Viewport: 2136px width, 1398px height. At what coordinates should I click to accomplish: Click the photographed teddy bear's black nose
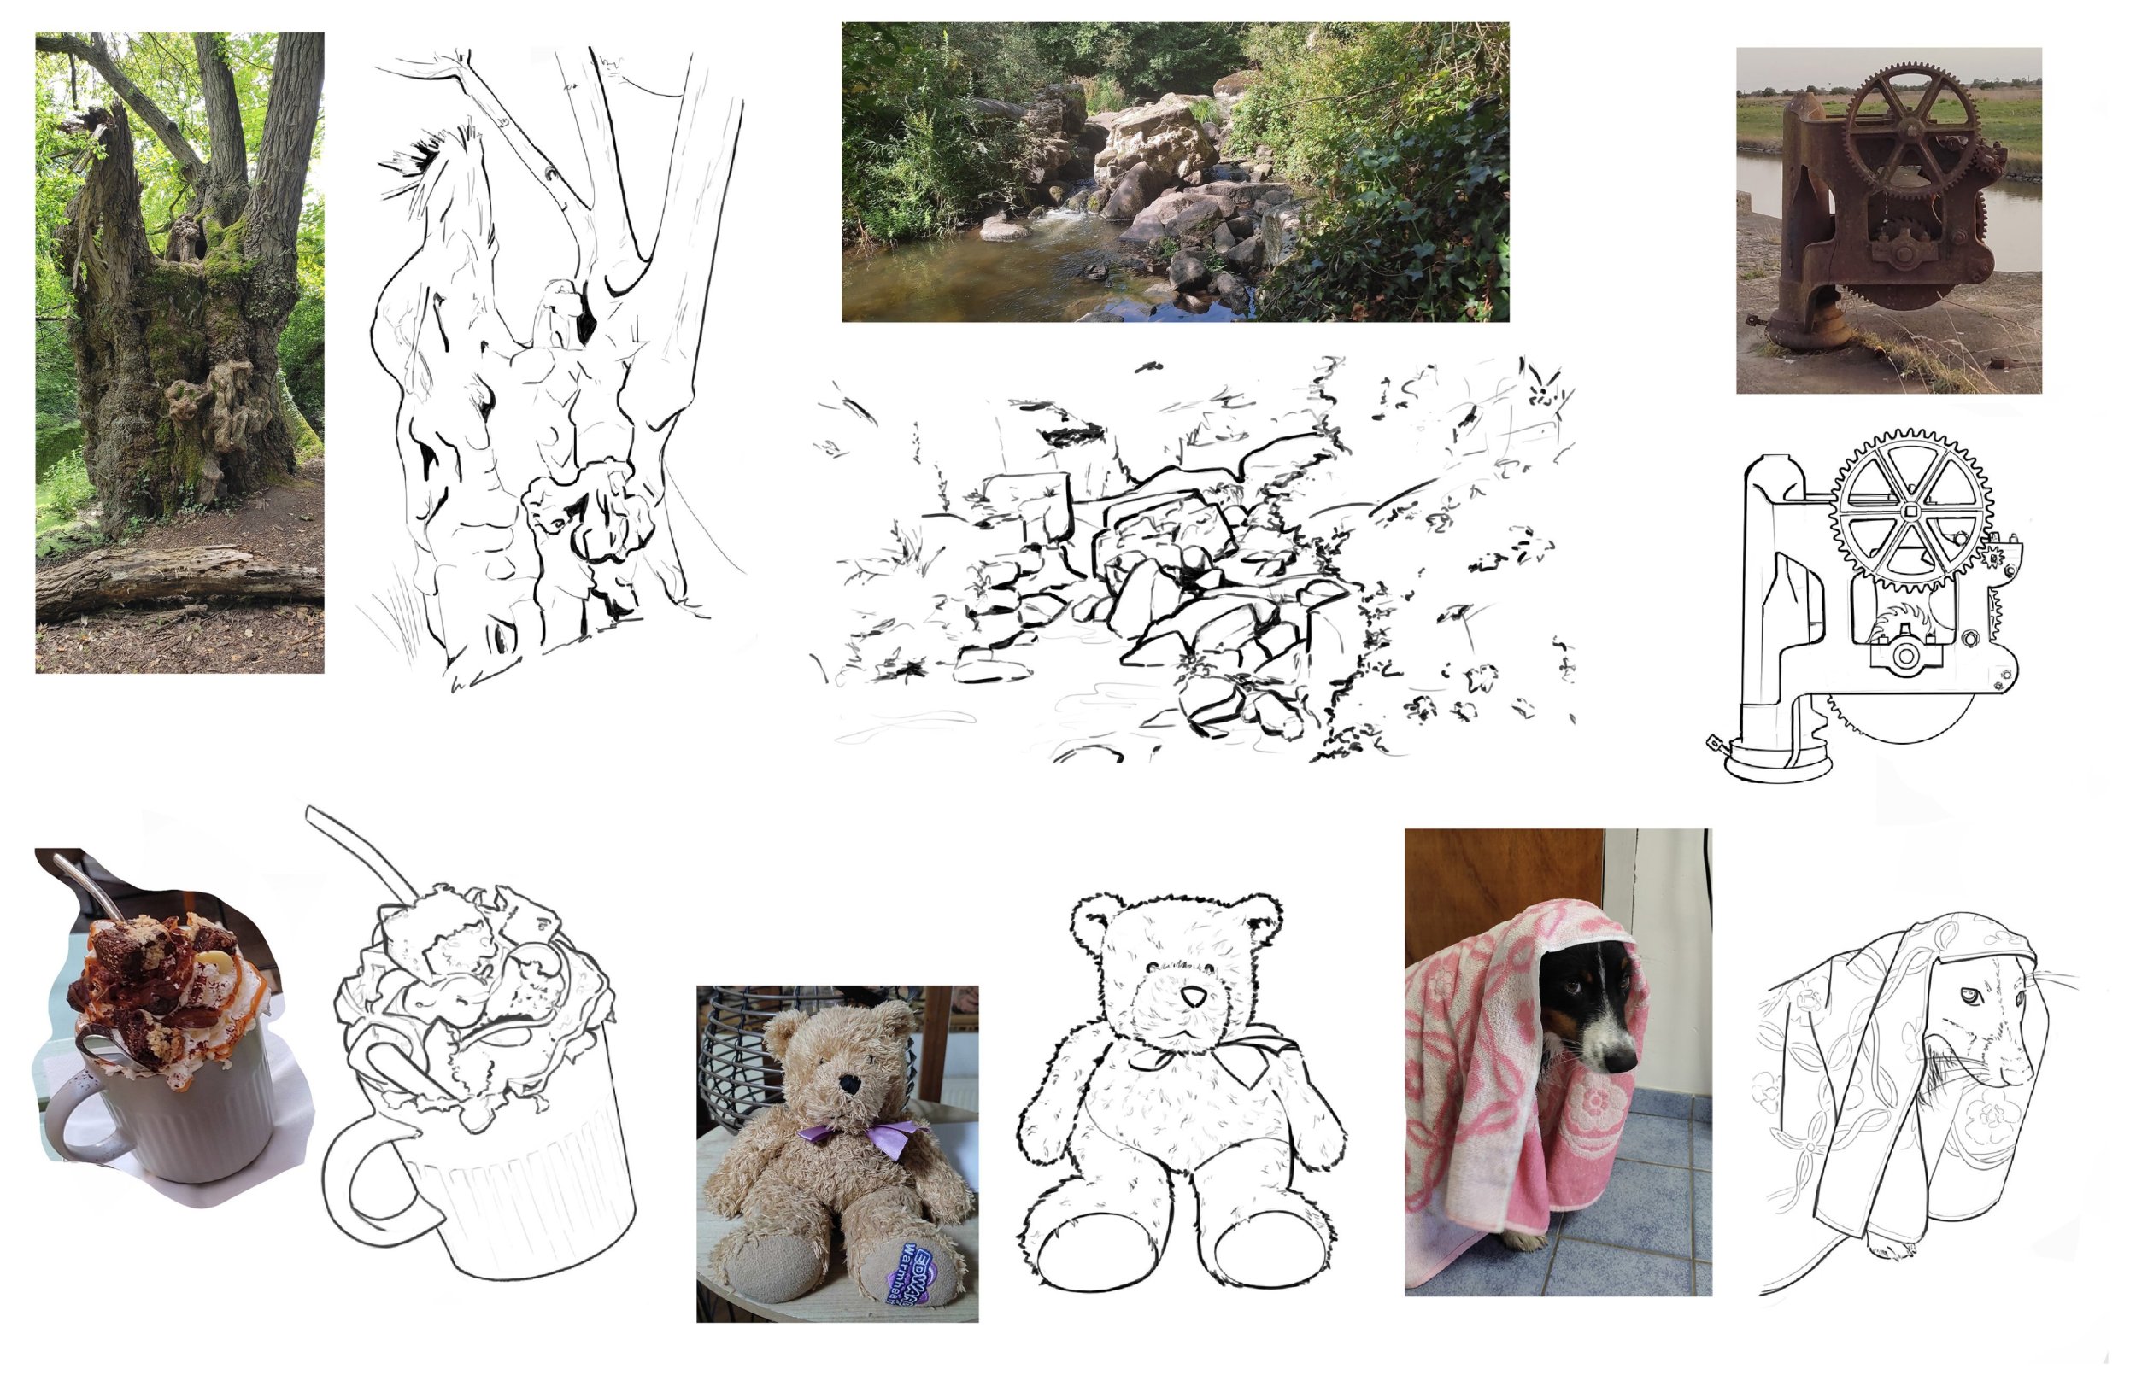[848, 1085]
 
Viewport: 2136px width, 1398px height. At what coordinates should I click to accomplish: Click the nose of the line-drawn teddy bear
[1193, 997]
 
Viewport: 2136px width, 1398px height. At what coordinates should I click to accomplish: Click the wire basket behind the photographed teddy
[736, 1050]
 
